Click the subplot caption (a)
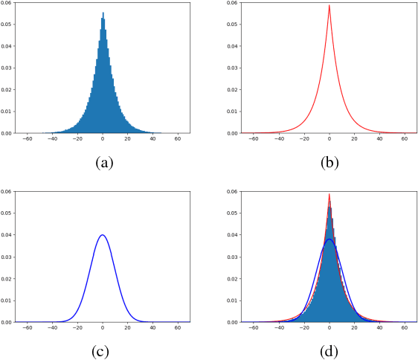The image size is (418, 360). pos(104,163)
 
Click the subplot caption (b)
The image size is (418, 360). pos(329,163)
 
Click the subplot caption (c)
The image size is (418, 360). pos(104,352)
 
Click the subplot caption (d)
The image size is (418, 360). pos(329,352)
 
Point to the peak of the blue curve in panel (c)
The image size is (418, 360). pos(103,235)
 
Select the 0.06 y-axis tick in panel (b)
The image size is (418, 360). pos(234,4)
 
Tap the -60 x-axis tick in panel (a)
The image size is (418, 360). pos(28,139)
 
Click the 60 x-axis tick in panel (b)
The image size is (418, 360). pos(405,139)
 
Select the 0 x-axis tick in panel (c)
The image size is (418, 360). pos(103,328)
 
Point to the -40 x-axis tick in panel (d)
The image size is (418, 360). pos(279,328)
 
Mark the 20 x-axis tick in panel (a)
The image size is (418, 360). pos(128,139)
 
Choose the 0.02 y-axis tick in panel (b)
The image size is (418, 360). pos(234,90)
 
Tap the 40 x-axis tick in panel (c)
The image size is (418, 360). pos(153,328)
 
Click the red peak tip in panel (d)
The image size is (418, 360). pos(329,195)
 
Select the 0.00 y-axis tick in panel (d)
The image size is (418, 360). pos(234,322)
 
